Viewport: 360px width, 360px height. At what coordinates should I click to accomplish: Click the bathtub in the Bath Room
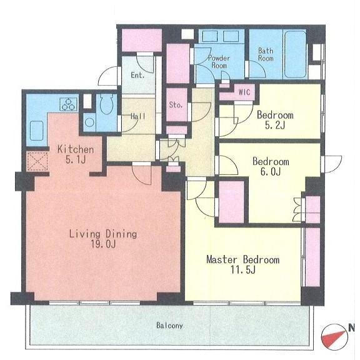coord(295,54)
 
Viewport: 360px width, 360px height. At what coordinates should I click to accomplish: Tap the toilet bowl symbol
coord(106,104)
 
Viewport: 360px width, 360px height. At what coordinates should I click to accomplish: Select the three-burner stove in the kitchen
coord(68,104)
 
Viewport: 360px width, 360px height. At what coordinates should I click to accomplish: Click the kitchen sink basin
coord(37,131)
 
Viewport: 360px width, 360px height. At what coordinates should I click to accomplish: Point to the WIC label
coord(244,92)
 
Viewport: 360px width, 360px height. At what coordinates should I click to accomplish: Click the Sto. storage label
coord(176,105)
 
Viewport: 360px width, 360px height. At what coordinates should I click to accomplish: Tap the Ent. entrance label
coord(137,75)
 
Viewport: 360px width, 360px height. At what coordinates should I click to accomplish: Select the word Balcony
coord(169,326)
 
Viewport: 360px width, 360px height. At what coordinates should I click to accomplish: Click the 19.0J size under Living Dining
coord(103,244)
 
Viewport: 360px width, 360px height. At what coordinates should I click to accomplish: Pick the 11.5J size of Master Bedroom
coord(243,270)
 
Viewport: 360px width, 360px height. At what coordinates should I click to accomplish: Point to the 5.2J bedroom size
coord(275,126)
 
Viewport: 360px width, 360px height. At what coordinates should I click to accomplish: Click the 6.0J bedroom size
coord(271,171)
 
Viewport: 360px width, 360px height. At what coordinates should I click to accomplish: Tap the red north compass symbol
coord(334,336)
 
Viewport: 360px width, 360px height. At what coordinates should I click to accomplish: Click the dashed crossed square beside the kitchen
coord(37,161)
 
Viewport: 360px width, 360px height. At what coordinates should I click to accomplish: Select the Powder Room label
coord(219,62)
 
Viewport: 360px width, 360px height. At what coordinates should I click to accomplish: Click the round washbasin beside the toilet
coord(89,122)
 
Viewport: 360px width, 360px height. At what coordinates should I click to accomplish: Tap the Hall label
coord(138,116)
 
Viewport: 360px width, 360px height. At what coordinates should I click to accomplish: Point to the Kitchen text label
coord(76,149)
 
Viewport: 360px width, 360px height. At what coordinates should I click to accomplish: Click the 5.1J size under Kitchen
coord(76,160)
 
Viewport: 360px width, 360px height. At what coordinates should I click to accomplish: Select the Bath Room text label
coord(266,54)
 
